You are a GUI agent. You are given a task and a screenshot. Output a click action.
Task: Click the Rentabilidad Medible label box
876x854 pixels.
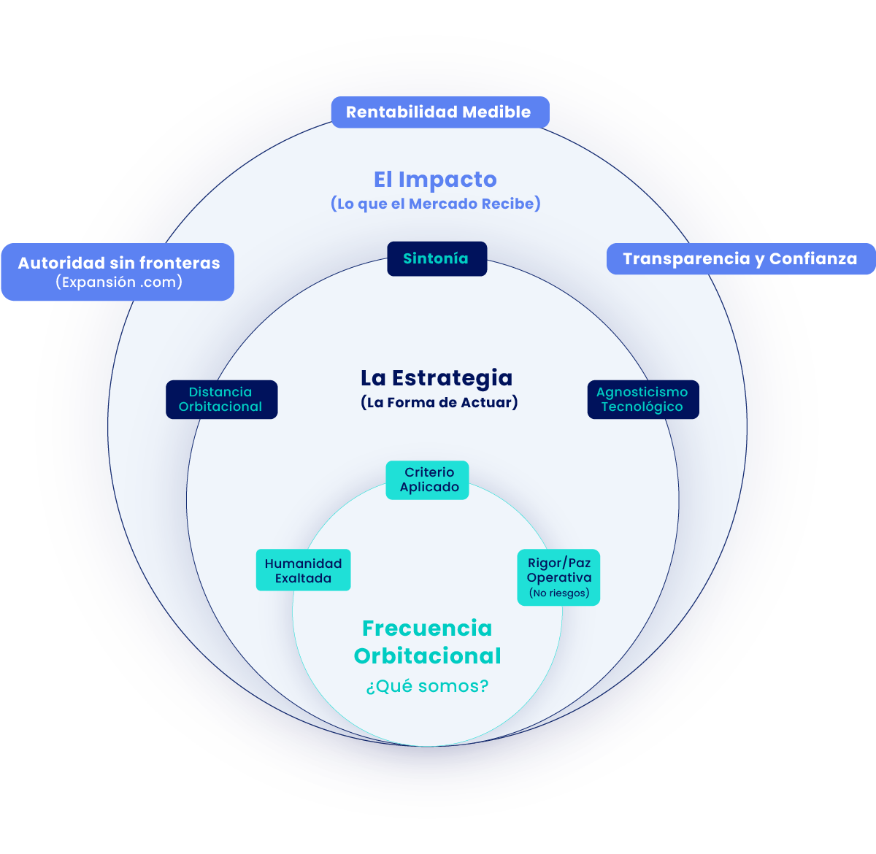(439, 112)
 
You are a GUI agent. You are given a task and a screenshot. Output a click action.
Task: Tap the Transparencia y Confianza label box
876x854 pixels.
(740, 259)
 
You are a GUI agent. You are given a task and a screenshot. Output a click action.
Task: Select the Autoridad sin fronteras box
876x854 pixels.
(118, 272)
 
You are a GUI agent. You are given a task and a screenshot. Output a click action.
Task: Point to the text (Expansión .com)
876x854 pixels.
(119, 282)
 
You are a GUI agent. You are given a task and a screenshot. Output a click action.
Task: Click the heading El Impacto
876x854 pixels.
(435, 180)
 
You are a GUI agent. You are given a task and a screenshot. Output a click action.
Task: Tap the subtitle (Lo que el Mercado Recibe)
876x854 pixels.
(436, 204)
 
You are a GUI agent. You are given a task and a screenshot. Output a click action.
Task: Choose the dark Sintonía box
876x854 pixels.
(437, 258)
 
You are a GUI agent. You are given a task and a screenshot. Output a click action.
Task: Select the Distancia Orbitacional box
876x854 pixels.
(221, 399)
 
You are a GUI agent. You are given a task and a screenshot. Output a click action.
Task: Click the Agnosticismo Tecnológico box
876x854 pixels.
(642, 399)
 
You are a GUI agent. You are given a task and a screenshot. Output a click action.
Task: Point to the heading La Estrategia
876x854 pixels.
(437, 378)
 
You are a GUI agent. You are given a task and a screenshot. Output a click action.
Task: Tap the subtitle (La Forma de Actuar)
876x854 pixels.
(439, 402)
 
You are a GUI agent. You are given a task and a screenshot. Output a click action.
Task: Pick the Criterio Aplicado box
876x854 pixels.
(428, 480)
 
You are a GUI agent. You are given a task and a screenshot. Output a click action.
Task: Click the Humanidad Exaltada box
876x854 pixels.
(303, 570)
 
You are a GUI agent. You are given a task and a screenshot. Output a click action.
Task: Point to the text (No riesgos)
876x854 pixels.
(559, 593)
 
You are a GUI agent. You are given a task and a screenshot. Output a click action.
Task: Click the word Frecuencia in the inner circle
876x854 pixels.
(427, 628)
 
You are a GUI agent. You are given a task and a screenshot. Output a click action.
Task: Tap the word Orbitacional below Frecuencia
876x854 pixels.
(427, 656)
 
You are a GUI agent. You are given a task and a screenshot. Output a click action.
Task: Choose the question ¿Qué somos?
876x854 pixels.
(427, 686)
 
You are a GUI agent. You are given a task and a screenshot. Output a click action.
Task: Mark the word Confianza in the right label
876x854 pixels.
(813, 259)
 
